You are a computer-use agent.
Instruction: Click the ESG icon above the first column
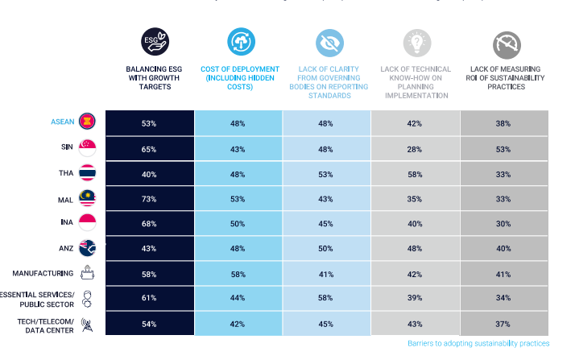[149, 41]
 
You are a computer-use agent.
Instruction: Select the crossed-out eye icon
[327, 41]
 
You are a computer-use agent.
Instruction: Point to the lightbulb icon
[416, 41]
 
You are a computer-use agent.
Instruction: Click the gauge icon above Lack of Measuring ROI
[505, 41]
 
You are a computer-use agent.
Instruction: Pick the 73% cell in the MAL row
[148, 198]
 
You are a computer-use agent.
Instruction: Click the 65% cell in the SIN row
[148, 148]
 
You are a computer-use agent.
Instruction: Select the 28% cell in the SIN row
[415, 148]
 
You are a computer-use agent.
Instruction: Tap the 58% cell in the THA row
[415, 173]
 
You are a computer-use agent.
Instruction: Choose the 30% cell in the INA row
[504, 223]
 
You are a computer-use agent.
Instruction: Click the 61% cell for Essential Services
[148, 298]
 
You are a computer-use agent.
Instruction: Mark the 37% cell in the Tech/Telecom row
[504, 323]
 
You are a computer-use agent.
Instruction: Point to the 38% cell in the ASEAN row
[504, 123]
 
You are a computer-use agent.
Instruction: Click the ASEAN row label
[62, 122]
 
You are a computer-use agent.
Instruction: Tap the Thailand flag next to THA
[88, 172]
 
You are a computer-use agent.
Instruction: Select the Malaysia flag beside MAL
[88, 197]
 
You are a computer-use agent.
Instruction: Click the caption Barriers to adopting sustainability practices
[478, 344]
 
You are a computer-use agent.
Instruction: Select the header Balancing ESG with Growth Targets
[149, 78]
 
